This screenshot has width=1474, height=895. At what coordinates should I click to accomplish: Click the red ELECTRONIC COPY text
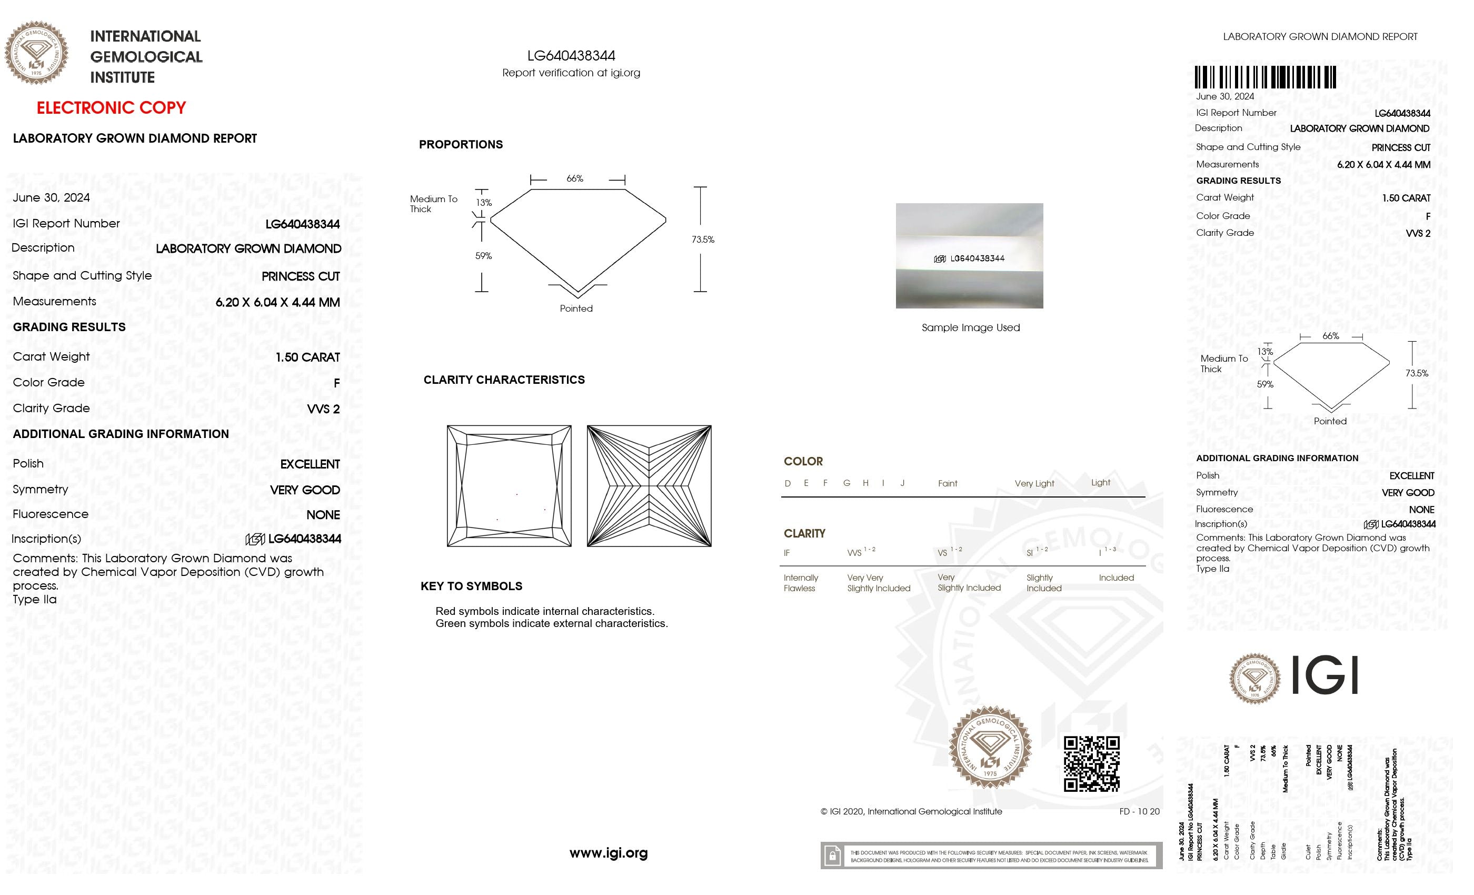pos(111,108)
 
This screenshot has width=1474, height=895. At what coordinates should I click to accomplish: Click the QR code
pos(1091,764)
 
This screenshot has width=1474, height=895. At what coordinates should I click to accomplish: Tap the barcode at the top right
pos(1265,78)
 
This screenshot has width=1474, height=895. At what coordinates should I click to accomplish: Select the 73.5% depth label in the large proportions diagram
pos(703,240)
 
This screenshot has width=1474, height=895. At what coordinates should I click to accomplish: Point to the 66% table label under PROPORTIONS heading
pos(575,178)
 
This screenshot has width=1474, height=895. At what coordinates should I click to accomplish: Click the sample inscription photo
pos(969,255)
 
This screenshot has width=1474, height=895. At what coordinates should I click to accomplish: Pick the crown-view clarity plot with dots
pos(509,486)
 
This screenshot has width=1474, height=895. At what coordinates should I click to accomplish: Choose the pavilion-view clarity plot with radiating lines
pos(649,486)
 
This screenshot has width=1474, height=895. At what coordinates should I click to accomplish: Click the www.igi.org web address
pos(609,852)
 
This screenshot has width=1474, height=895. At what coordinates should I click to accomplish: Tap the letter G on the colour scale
pos(846,483)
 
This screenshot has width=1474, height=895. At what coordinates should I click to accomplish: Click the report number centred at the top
pos(571,56)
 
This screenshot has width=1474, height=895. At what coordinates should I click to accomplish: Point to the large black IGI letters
pos(1324,675)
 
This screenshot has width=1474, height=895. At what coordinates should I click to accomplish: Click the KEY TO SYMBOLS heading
pos(471,586)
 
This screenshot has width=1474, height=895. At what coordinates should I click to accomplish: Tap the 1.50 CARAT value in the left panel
pos(307,357)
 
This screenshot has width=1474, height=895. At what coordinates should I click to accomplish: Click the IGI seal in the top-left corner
pos(36,53)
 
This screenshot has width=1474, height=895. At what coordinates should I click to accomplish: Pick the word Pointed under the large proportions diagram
pos(576,309)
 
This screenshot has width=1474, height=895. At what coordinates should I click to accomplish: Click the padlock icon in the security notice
pos(832,856)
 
